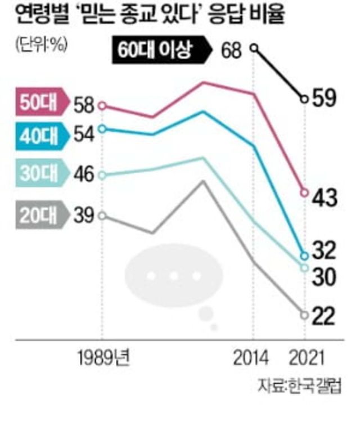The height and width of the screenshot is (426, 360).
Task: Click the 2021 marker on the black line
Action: [304, 99]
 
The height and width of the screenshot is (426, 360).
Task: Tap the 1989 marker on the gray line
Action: [102, 216]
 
